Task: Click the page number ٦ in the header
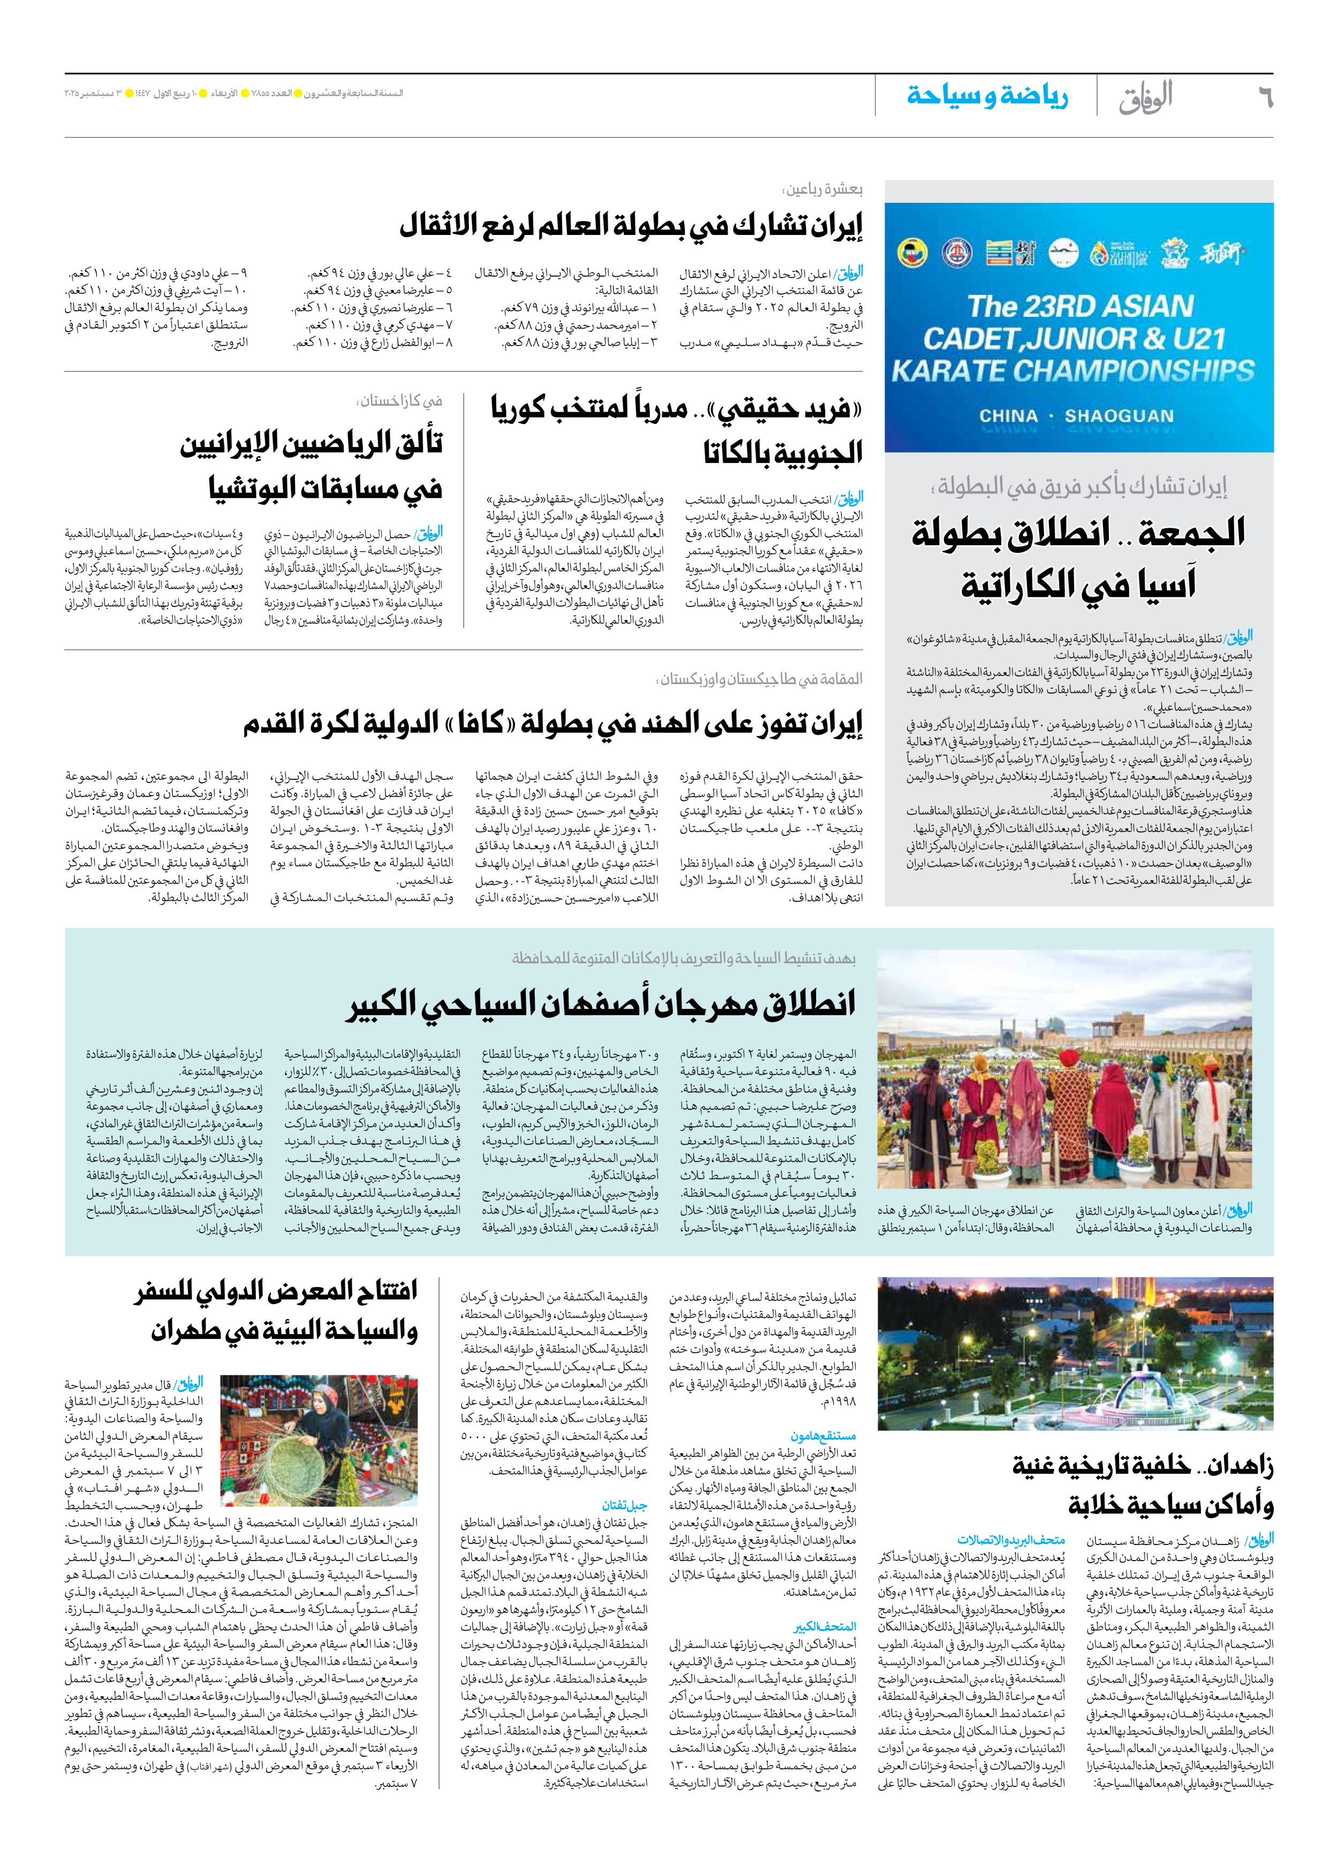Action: coord(1264,97)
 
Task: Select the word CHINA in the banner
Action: coord(1008,416)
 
